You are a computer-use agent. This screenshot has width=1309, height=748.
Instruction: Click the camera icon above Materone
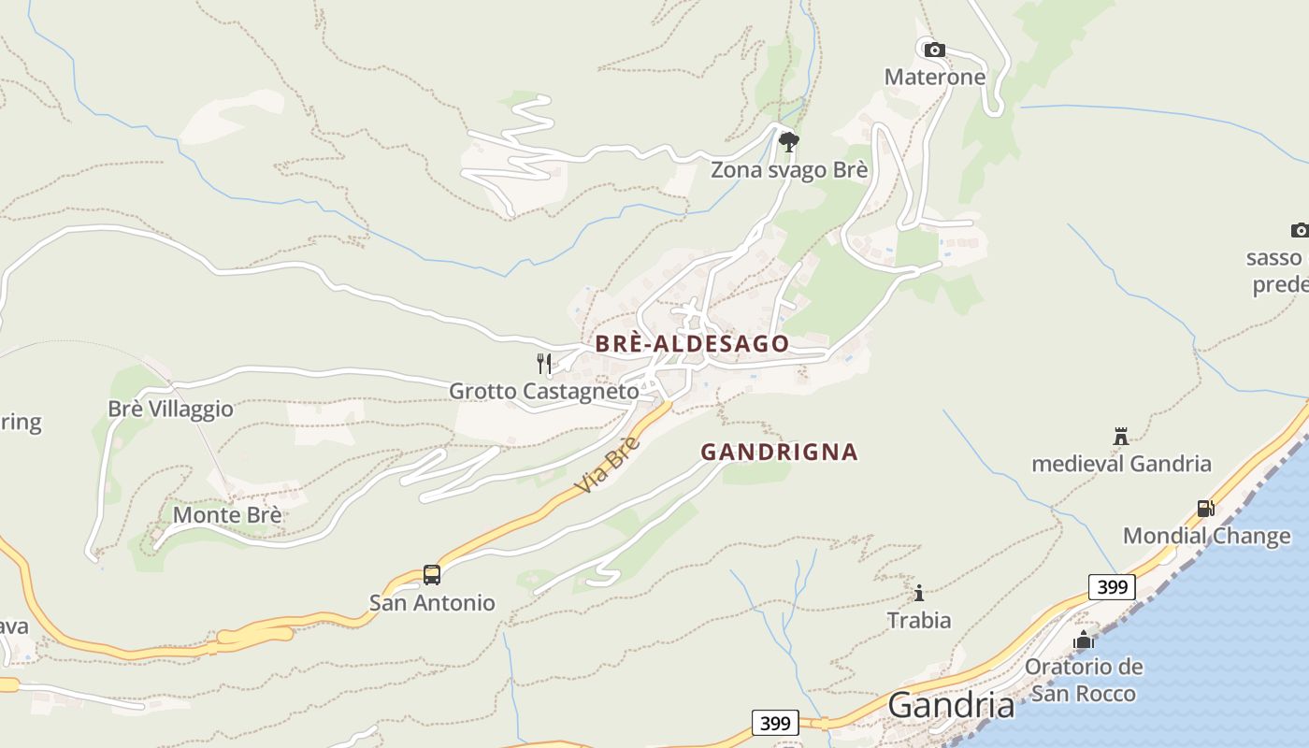coord(934,50)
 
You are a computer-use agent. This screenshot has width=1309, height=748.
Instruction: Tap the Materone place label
coord(935,77)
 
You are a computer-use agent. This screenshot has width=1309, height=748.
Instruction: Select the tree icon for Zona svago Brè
coord(788,142)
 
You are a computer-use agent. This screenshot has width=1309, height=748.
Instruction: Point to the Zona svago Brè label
coord(789,170)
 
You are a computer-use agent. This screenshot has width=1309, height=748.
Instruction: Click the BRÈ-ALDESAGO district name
coord(692,344)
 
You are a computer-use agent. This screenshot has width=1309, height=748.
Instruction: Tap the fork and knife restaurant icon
coord(543,364)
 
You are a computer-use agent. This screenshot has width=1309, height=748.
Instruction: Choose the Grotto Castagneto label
coord(544,391)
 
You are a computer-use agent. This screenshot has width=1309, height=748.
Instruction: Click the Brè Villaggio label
coord(170,410)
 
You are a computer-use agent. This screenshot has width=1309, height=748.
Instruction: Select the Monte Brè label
coord(227,515)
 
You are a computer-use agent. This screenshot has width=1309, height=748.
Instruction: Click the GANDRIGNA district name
coord(779,453)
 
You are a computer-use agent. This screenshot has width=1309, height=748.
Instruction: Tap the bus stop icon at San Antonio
coord(431,574)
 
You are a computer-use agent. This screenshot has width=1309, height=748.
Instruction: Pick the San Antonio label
coord(432,602)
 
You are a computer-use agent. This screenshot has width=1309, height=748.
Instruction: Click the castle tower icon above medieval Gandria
coord(1120,436)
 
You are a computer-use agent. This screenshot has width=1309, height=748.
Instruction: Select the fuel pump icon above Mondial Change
coord(1205,509)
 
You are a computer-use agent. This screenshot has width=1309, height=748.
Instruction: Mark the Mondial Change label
coord(1206,536)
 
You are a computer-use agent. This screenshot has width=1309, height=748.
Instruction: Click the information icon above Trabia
coord(919,593)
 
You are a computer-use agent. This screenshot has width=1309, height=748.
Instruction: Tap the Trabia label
coord(919,620)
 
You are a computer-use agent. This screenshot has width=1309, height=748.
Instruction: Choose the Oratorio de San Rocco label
coord(1084,680)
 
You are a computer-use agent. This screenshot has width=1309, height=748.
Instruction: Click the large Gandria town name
coord(951,705)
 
